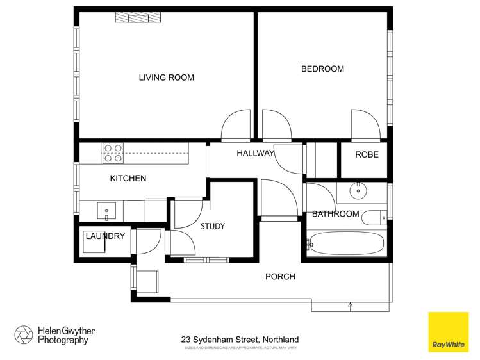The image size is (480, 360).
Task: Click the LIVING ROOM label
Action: (x=167, y=78)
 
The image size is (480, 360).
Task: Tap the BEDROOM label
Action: (x=322, y=69)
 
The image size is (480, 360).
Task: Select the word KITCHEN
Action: (x=128, y=178)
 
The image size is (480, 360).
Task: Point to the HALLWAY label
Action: (x=255, y=153)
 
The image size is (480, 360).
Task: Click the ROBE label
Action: (x=367, y=154)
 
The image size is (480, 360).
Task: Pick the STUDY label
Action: (x=212, y=226)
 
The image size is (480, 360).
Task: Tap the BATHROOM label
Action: (x=335, y=213)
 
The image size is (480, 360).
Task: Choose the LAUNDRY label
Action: (x=104, y=236)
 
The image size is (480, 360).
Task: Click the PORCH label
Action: (x=281, y=277)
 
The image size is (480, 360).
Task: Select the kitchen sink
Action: (x=106, y=209)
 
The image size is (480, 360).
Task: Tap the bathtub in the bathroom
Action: (x=346, y=244)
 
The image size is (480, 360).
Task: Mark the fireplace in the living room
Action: (x=136, y=17)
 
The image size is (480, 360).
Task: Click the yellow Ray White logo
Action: (x=449, y=332)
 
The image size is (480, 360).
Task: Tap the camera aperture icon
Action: (x=24, y=335)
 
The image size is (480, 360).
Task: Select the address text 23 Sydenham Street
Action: (x=218, y=340)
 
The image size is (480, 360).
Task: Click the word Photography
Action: (x=62, y=341)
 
